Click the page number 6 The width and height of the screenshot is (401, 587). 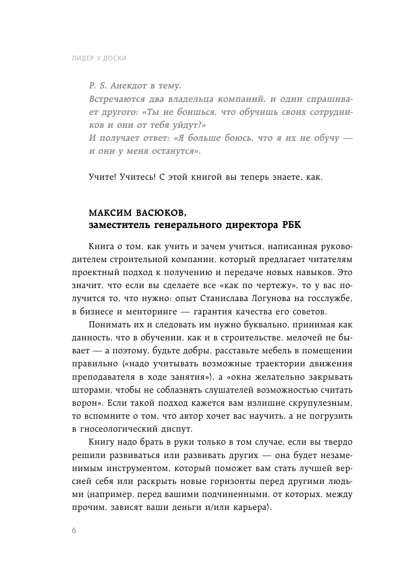coord(74,531)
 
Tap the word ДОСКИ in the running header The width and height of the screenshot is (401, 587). coord(115,58)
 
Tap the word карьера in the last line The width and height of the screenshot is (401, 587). coord(249,507)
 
